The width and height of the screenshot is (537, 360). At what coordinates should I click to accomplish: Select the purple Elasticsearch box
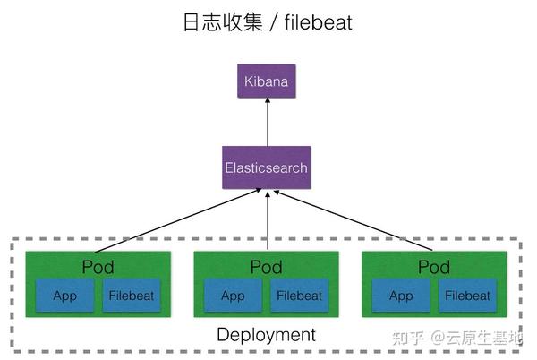pyautogui.click(x=267, y=167)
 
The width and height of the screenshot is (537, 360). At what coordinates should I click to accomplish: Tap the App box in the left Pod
pyautogui.click(x=65, y=296)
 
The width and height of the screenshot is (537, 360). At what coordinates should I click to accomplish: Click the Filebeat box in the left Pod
pyautogui.click(x=132, y=296)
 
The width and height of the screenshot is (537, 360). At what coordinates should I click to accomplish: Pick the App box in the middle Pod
pyautogui.click(x=233, y=296)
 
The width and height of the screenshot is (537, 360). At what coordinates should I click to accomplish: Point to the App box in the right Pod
pyautogui.click(x=401, y=296)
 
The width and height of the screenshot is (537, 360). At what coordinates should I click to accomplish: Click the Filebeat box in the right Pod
pyautogui.click(x=467, y=296)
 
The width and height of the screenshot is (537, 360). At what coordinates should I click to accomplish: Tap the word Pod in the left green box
pyautogui.click(x=98, y=267)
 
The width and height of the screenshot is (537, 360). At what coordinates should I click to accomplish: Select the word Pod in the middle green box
pyautogui.click(x=266, y=267)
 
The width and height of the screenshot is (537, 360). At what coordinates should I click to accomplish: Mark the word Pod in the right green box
pyautogui.click(x=434, y=267)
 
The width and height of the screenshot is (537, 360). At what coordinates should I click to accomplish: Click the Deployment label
pyautogui.click(x=267, y=335)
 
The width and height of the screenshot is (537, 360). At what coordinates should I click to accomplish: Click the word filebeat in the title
pyautogui.click(x=318, y=22)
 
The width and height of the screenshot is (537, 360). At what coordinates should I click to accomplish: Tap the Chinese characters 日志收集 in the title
pyautogui.click(x=220, y=22)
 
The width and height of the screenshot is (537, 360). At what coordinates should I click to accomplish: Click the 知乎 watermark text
pyautogui.click(x=407, y=338)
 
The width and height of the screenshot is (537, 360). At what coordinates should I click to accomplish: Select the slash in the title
pyautogui.click(x=274, y=22)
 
